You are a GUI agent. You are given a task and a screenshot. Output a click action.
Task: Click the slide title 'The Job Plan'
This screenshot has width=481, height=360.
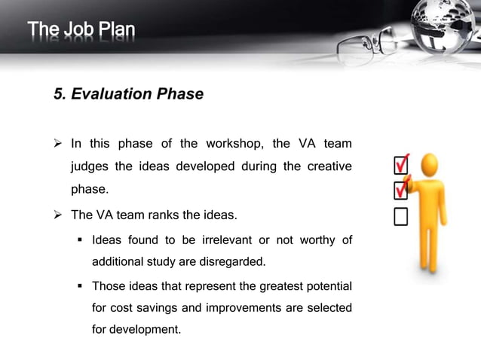[x=81, y=31]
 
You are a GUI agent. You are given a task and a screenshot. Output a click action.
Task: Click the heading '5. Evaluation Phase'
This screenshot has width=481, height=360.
[x=128, y=94]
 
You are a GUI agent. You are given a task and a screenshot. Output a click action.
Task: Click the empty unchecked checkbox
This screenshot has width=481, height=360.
[x=400, y=217]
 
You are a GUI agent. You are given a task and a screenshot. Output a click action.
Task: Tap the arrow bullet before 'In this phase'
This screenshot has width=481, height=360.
[x=60, y=144]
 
